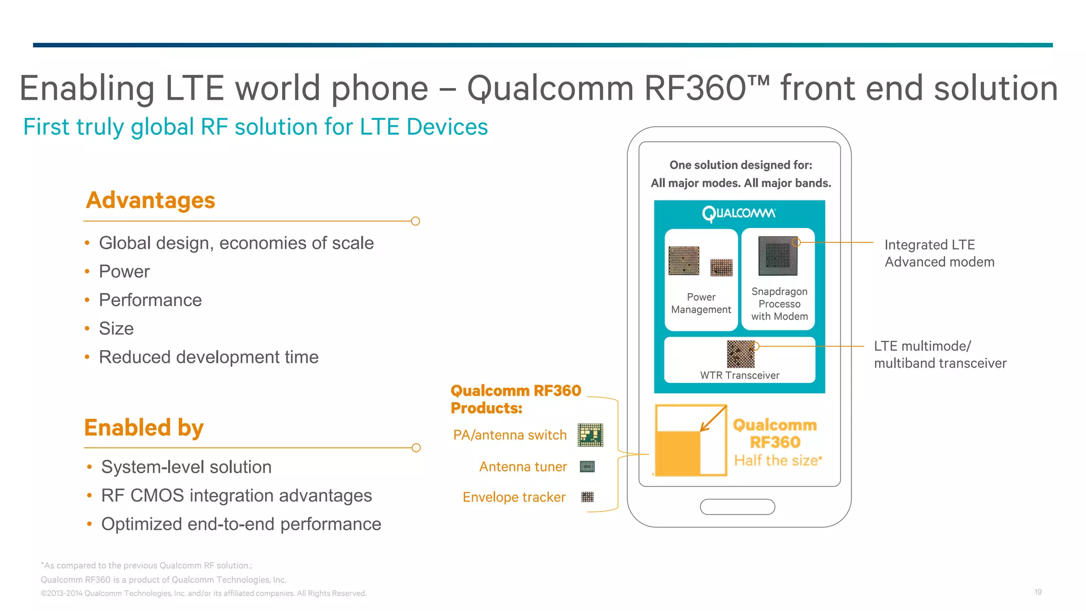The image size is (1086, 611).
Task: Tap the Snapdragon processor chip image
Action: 778,256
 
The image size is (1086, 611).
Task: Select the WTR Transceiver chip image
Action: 740,354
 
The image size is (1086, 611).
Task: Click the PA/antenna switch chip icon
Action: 590,435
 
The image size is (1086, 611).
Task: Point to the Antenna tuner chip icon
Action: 587,467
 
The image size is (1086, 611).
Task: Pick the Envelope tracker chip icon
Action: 587,497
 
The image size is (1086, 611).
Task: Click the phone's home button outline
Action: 737,507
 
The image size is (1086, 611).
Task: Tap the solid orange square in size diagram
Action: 678,453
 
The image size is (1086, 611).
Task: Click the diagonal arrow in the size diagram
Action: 713,419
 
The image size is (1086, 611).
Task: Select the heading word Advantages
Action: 151,200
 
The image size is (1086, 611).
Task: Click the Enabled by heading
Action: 144,427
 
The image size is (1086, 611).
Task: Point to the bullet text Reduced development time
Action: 208,357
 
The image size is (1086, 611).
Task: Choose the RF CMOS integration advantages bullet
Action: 237,495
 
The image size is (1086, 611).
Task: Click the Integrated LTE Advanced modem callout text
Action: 939,254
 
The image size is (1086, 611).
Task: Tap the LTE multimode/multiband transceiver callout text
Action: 940,355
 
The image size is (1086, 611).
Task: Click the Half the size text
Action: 777,460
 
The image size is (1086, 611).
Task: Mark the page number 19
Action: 1038,592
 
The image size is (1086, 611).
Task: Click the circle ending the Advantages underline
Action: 416,221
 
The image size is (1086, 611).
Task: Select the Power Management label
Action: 700,303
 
